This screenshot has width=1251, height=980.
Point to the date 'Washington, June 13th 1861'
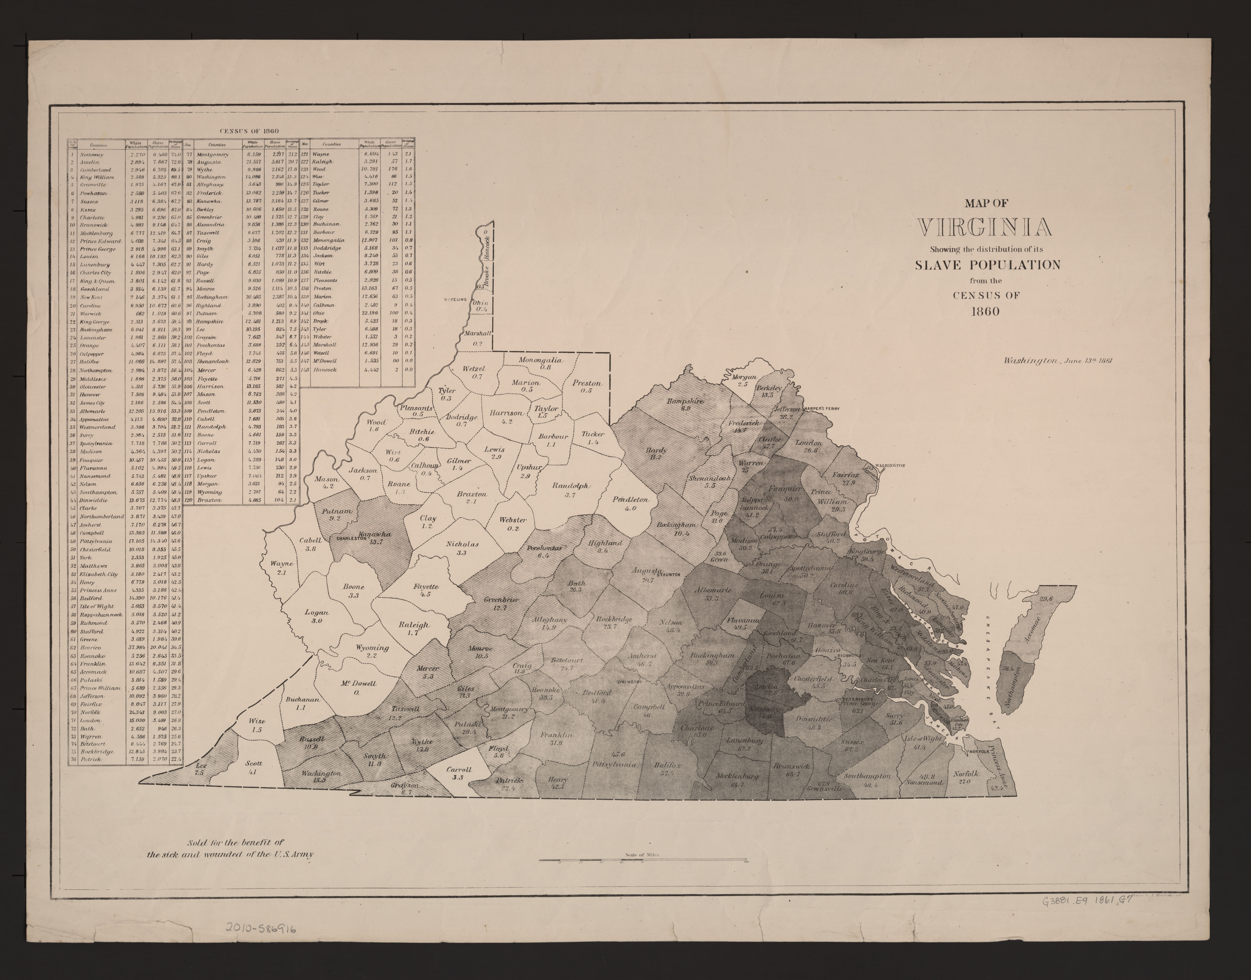[x=1058, y=361]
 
